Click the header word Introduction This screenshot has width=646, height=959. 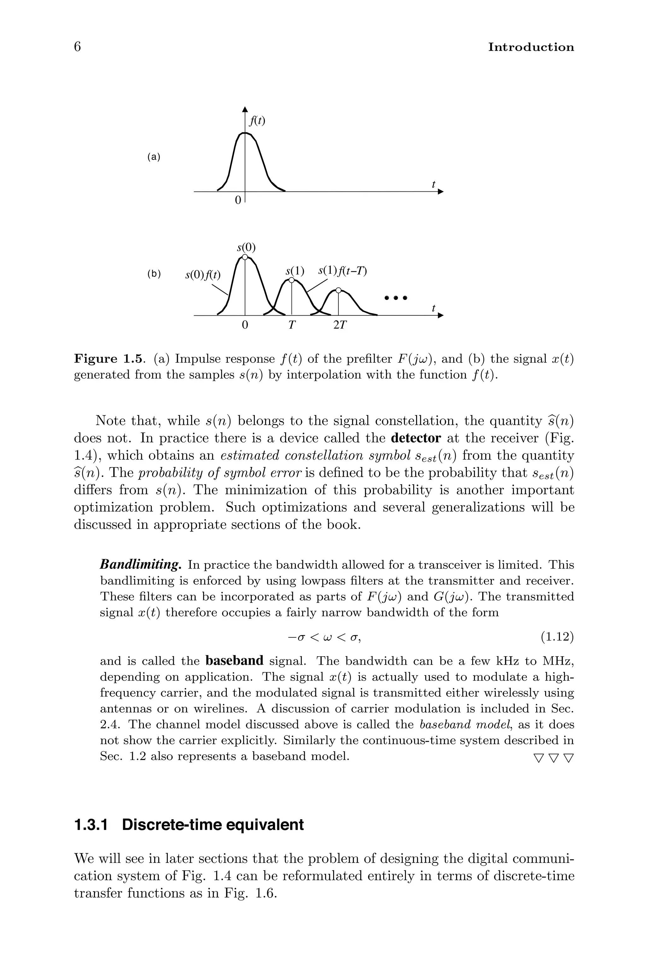coord(531,47)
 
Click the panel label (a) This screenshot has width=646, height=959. coord(154,157)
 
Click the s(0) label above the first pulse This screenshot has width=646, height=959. coord(246,248)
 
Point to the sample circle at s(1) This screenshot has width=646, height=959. coord(292,280)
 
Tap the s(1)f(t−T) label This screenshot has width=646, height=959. coord(342,271)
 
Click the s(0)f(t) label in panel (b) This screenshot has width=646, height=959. coord(203,275)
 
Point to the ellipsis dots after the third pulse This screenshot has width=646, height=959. coord(395,297)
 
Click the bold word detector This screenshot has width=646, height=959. coord(416,438)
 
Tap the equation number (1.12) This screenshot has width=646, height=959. coord(557,637)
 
